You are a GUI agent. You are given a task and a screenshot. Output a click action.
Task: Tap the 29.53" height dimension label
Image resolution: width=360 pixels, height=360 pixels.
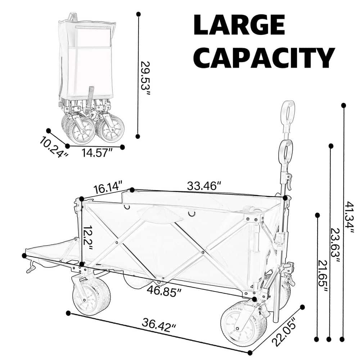145,78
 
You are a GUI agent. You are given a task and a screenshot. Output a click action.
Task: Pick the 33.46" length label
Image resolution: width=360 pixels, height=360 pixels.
204,186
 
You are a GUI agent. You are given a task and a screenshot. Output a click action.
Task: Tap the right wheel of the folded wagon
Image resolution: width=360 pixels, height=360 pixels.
110,129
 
